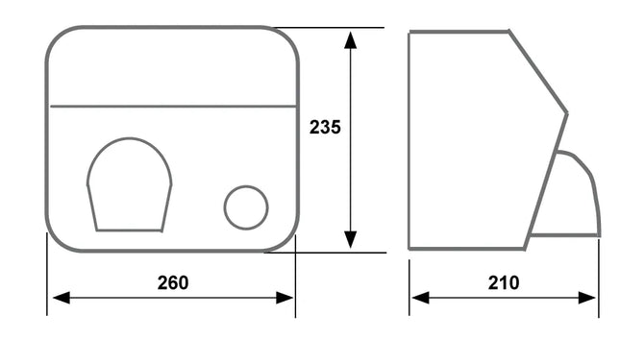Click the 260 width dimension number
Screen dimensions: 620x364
pyautogui.click(x=173, y=283)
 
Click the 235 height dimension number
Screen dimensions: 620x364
pyautogui.click(x=325, y=128)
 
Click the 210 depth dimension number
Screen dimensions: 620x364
pyautogui.click(x=504, y=283)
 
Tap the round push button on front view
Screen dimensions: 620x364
pyautogui.click(x=246, y=207)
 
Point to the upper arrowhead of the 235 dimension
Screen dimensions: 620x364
pyautogui.click(x=350, y=40)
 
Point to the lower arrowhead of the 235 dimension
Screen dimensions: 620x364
pyautogui.click(x=350, y=239)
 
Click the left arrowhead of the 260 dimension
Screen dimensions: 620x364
pyautogui.click(x=62, y=298)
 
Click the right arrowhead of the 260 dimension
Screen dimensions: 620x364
pyautogui.click(x=285, y=298)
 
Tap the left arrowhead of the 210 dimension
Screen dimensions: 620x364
pyautogui.click(x=420, y=298)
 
